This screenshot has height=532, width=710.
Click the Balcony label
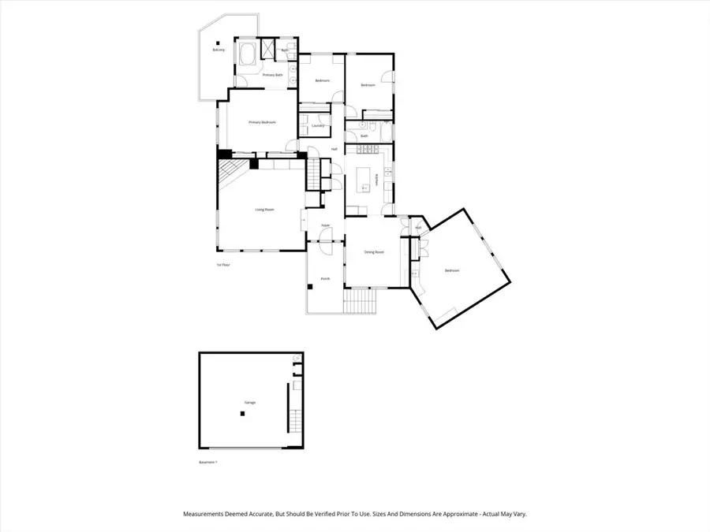click(219, 50)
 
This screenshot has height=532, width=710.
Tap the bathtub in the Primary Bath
click(246, 56)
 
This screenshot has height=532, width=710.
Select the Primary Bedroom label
click(262, 122)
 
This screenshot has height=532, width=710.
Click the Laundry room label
click(319, 125)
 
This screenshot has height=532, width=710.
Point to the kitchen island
click(364, 179)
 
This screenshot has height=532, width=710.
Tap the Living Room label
click(264, 210)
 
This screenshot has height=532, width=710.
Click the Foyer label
click(325, 226)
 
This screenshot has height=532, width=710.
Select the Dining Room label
click(373, 252)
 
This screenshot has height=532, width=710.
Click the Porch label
click(325, 279)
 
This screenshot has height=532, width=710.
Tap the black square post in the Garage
click(244, 413)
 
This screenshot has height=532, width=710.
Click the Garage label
click(249, 403)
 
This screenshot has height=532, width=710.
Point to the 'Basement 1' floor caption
click(208, 463)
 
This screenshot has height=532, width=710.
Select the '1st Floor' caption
click(222, 265)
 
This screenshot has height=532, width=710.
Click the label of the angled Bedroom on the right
click(452, 270)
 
